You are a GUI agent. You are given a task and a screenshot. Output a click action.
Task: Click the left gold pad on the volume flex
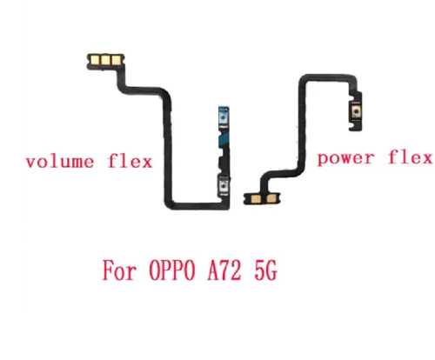pyautogui.click(x=95, y=60)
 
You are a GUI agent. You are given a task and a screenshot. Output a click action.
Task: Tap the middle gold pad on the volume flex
pyautogui.click(x=105, y=60)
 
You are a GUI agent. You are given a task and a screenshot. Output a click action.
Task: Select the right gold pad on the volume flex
pyautogui.click(x=116, y=60)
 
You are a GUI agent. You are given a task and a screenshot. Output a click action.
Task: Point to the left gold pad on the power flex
pyautogui.click(x=256, y=198)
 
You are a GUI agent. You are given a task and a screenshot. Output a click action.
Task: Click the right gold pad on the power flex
pyautogui.click(x=271, y=198)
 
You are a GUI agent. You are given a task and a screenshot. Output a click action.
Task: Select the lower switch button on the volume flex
pyautogui.click(x=223, y=185)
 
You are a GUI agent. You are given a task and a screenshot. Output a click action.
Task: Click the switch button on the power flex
pyautogui.click(x=355, y=110)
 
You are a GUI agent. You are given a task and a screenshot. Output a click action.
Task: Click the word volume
pyautogui.click(x=60, y=162)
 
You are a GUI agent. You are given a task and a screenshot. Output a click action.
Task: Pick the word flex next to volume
pyautogui.click(x=130, y=161)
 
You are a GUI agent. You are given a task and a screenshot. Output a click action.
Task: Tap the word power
pyautogui.click(x=345, y=159)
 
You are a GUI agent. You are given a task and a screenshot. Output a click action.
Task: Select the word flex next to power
pyautogui.click(x=410, y=157)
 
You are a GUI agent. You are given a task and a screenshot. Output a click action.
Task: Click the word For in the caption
pyautogui.click(x=119, y=270)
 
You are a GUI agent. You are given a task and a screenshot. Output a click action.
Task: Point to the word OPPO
pyautogui.click(x=172, y=270)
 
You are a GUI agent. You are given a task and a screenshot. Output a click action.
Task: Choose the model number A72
pyautogui.click(x=224, y=270)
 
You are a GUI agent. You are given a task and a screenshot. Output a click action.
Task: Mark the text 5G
pyautogui.click(x=265, y=270)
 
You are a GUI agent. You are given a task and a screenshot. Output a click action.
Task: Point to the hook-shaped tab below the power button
pyautogui.click(x=355, y=126)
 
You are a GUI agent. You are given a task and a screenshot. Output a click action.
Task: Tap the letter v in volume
pyautogui.click(x=30, y=163)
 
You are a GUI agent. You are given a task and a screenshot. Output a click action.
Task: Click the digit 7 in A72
pyautogui.click(x=225, y=270)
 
